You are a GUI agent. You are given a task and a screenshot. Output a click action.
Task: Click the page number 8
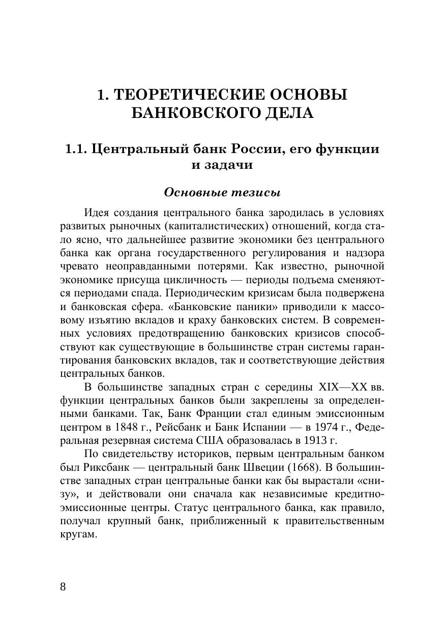point(63,586)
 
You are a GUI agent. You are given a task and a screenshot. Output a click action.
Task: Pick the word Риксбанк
point(108,467)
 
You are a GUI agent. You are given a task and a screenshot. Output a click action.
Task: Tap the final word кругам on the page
point(77,535)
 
